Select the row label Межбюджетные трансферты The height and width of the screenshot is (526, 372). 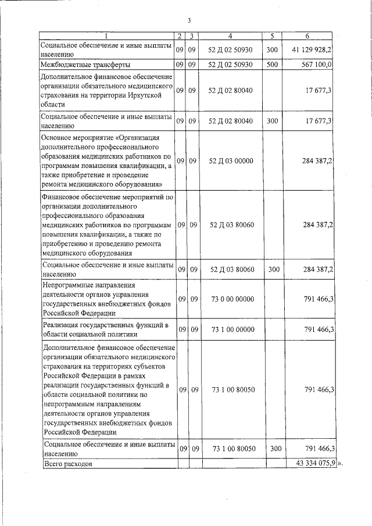(x=85, y=65)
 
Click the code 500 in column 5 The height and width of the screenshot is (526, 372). (x=272, y=65)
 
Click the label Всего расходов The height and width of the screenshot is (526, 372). (x=68, y=464)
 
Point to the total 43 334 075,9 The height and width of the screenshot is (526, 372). (x=312, y=464)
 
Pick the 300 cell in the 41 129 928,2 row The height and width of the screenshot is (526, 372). (x=272, y=50)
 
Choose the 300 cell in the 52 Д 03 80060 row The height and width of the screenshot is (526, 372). (x=272, y=270)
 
